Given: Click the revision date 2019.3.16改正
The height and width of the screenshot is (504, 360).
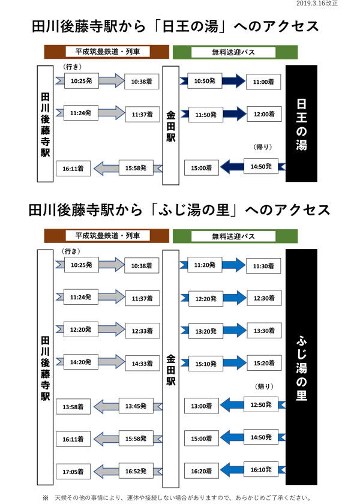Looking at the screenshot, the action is click(317, 3).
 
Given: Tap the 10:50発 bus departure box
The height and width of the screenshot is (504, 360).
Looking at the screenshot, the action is click(205, 80).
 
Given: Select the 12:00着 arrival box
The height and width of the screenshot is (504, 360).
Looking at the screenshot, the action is click(264, 114).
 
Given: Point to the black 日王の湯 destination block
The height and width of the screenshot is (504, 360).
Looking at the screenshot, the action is click(301, 124).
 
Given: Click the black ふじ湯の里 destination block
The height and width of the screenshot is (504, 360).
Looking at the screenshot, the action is click(301, 367).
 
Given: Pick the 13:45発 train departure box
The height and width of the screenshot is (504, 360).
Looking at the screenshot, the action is click(136, 406).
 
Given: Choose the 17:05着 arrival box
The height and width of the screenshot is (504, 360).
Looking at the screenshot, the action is click(73, 472).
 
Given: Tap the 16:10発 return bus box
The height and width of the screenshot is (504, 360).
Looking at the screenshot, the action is click(261, 470).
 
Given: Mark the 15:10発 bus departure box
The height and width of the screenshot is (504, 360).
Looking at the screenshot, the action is click(206, 364).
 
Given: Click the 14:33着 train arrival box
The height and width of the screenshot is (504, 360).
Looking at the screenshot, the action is click(142, 364).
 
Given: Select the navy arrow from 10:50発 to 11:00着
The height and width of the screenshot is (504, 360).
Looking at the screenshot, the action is click(233, 80).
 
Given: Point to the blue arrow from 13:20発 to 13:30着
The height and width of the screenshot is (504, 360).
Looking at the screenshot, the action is click(235, 331).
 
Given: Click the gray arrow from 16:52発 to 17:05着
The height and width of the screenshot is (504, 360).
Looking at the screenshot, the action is click(106, 471).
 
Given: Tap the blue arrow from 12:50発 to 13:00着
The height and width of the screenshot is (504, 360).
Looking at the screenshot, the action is click(232, 404).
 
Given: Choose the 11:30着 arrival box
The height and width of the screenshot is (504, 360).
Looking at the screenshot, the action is click(263, 266).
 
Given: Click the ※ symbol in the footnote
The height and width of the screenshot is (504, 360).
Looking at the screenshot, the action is click(46, 498).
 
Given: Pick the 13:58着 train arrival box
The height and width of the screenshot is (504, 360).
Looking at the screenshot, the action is click(73, 407).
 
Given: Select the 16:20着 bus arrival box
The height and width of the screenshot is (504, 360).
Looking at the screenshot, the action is click(202, 471).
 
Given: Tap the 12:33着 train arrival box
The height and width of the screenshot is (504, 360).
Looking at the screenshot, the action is click(142, 331).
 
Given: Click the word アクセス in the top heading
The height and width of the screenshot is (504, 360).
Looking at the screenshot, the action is click(290, 26).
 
